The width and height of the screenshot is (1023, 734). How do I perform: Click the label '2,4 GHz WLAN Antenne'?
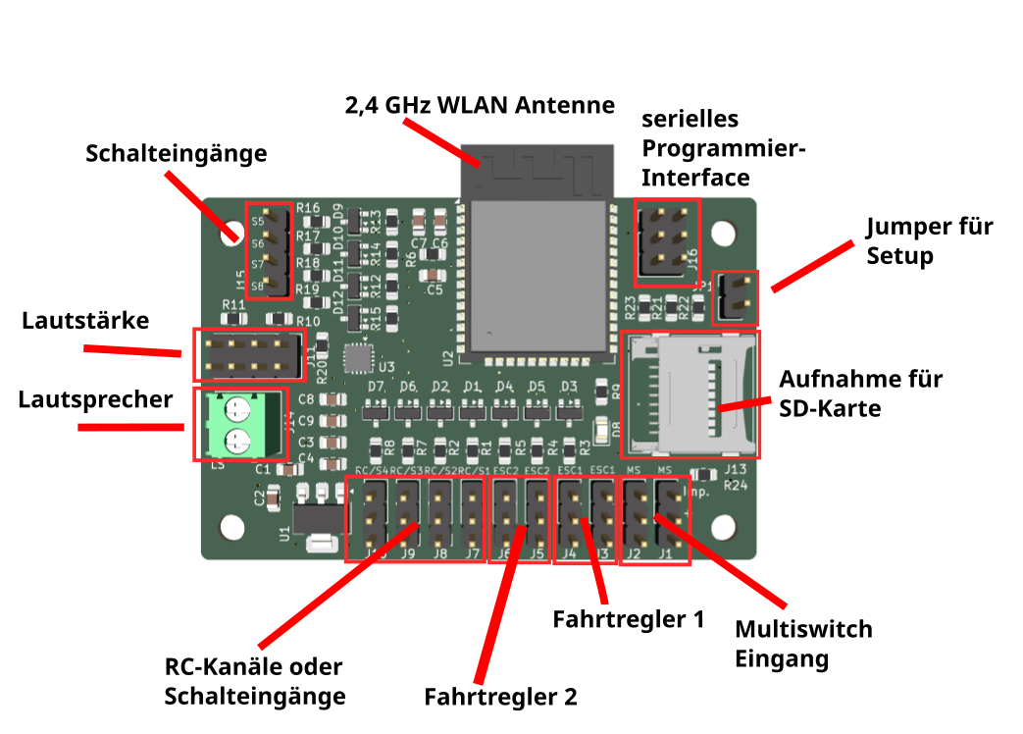[479, 105]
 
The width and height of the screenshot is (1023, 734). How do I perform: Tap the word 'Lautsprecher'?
[95, 399]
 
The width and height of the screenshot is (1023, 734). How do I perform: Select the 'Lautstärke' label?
[85, 321]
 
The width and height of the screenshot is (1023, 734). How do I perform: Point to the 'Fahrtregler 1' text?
[629, 620]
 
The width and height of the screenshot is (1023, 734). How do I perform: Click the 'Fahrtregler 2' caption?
[500, 698]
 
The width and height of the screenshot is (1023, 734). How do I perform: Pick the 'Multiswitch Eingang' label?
[803, 644]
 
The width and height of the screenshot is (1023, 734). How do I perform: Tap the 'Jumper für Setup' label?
[929, 241]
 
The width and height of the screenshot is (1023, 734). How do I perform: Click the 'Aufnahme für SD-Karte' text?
[860, 393]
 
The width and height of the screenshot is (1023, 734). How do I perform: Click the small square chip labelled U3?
[359, 358]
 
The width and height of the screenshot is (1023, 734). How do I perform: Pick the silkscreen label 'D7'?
[376, 387]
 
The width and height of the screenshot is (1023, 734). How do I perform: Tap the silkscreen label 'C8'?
[306, 399]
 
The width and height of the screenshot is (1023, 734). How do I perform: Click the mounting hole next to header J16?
[724, 233]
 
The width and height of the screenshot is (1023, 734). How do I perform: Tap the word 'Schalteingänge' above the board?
[176, 154]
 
